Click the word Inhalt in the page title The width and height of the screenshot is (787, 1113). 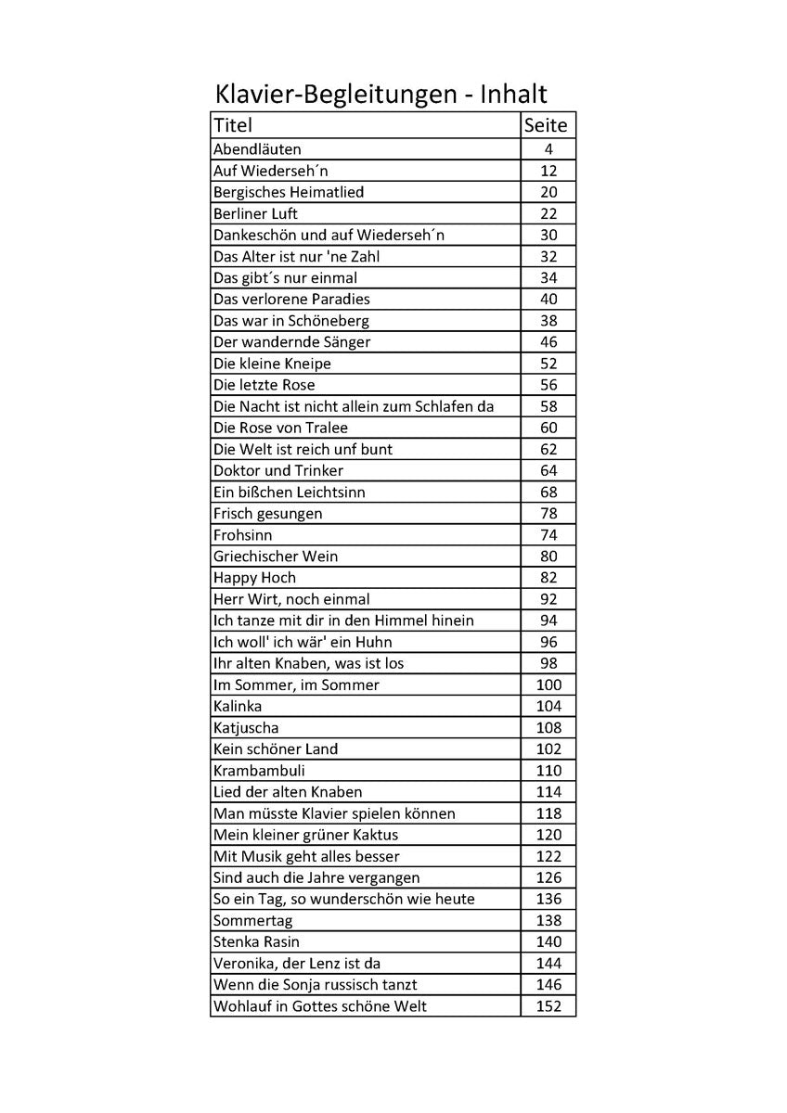coord(513,94)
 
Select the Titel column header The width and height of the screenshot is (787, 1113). coord(233,125)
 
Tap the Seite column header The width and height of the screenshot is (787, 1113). coord(546,125)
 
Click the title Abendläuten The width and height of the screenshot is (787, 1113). coord(257,149)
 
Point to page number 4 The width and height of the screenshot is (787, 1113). coord(548,149)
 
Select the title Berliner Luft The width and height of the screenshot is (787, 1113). coord(255,213)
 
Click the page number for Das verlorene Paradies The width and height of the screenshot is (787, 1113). coord(548,300)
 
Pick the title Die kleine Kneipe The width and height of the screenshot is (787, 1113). coord(272,364)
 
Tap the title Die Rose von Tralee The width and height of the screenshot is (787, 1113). coord(280,428)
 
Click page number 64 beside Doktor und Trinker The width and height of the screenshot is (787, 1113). coord(548,470)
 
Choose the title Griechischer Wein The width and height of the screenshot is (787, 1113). coord(276,556)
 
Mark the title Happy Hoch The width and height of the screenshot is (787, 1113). coord(254,578)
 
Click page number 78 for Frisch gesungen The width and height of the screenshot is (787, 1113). coord(548,513)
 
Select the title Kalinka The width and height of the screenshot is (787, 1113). coord(238,706)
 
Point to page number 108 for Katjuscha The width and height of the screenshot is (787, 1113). coord(548,727)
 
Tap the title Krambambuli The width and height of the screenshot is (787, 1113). coord(259,770)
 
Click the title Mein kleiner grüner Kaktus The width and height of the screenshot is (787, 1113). coord(305,835)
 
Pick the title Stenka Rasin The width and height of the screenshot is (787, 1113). coord(256,941)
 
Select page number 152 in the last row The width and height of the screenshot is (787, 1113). coord(548,1005)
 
